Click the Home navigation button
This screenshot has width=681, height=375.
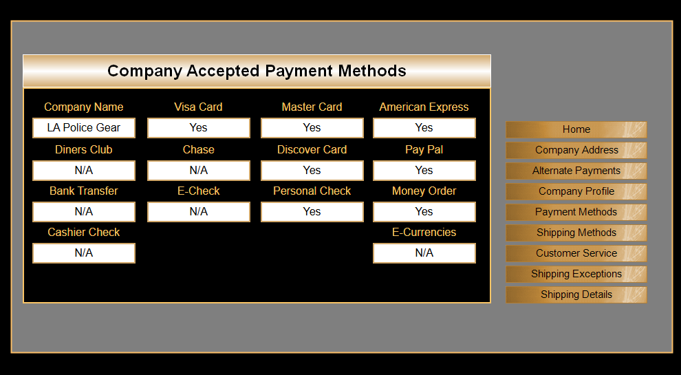(x=576, y=129)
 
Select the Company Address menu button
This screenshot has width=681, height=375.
(x=576, y=150)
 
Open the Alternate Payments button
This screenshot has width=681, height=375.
(x=576, y=171)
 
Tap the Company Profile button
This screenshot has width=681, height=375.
(x=576, y=191)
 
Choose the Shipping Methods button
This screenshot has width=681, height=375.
(x=576, y=233)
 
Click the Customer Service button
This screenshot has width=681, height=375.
(x=576, y=253)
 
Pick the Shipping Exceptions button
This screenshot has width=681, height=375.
(x=576, y=274)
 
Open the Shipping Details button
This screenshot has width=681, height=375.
(x=576, y=294)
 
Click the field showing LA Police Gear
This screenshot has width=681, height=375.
(x=84, y=128)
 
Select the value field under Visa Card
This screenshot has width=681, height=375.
(x=199, y=128)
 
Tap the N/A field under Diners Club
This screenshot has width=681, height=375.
(x=84, y=171)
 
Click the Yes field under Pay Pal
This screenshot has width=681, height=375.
(x=424, y=171)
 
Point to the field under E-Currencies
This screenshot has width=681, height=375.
(x=424, y=253)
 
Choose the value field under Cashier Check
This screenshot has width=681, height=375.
(x=84, y=253)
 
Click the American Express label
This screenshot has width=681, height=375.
(x=424, y=107)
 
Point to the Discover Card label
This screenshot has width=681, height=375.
(x=312, y=150)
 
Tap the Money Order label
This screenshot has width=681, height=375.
(x=424, y=191)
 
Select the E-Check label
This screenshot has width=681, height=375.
(x=199, y=191)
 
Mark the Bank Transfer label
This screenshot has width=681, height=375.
(x=84, y=191)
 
